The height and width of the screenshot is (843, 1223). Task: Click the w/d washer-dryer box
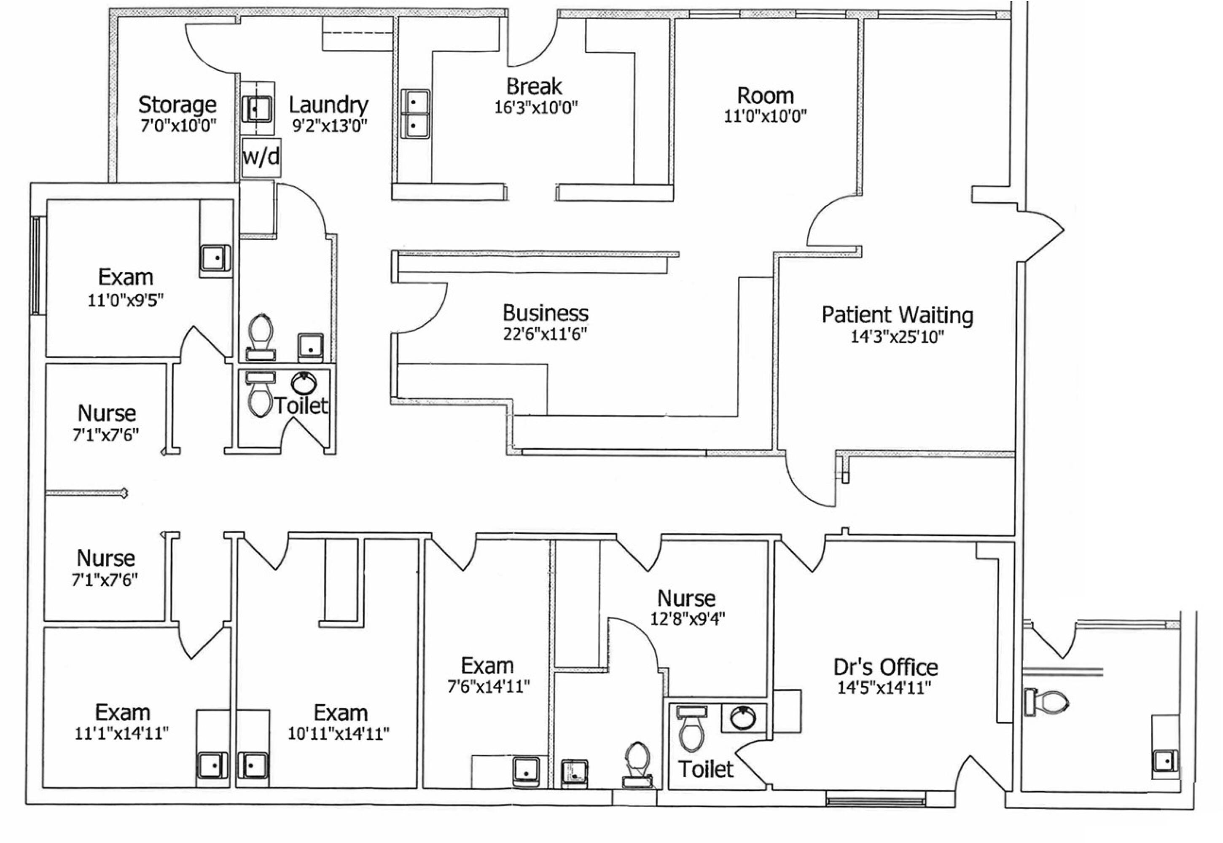pos(261,157)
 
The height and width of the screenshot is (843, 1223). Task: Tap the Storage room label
pos(177,105)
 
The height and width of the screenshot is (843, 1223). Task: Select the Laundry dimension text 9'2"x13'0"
pos(329,126)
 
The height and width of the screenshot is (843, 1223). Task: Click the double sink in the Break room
pos(415,113)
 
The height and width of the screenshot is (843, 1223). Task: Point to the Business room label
pos(545,313)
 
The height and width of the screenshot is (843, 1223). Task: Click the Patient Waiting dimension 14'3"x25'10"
pos(897,336)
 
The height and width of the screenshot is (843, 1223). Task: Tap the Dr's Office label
pos(885,667)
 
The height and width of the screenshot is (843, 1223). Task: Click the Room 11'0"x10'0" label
pos(766,96)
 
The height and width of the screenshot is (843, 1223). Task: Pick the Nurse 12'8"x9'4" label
pos(686,599)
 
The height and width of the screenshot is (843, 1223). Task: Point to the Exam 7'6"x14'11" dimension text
pos(488,686)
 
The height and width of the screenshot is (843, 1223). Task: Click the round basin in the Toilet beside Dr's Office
pos(743,717)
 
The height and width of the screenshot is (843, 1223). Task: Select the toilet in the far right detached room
pos(1047,702)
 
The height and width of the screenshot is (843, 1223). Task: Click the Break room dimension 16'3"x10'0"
pos(536,107)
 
